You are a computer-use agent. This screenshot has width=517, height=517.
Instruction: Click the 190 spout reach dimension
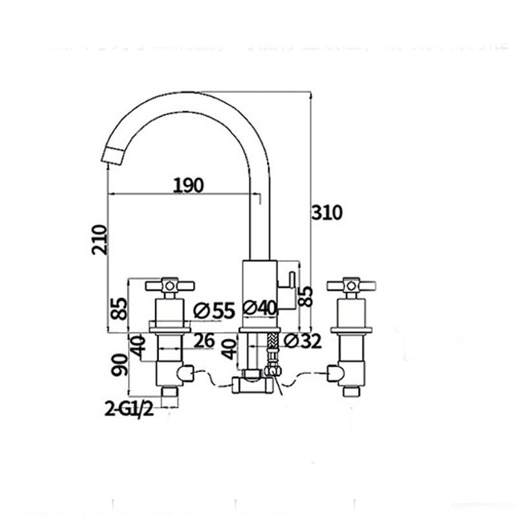pos(188,185)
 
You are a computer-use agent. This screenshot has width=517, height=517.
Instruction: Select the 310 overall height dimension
pos(328,213)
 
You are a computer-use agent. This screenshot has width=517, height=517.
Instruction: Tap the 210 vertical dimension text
pos(99,240)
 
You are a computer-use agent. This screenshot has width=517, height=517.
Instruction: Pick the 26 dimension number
pos(204,341)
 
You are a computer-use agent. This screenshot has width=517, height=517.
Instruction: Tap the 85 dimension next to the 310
pos(308,296)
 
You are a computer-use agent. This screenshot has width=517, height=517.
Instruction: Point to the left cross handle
pos(169,285)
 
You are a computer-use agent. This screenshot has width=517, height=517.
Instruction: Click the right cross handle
pos(351,285)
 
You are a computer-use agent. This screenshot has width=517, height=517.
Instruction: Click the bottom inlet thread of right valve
pos(351,391)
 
